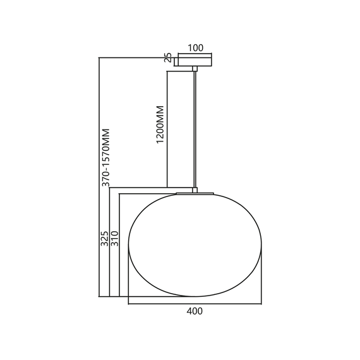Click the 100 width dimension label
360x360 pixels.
196,48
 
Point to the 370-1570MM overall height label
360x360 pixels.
105,157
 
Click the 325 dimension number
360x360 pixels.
105,237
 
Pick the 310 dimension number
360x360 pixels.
115,237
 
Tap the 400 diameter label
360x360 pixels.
195,311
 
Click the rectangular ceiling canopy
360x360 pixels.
196,60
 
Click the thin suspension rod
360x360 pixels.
196,126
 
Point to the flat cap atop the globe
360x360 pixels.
196,191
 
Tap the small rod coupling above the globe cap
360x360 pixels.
196,188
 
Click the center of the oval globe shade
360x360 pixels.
196,244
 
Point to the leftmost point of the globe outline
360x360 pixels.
129,244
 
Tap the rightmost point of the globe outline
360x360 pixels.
263,244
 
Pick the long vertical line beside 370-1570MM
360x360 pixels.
100,177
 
